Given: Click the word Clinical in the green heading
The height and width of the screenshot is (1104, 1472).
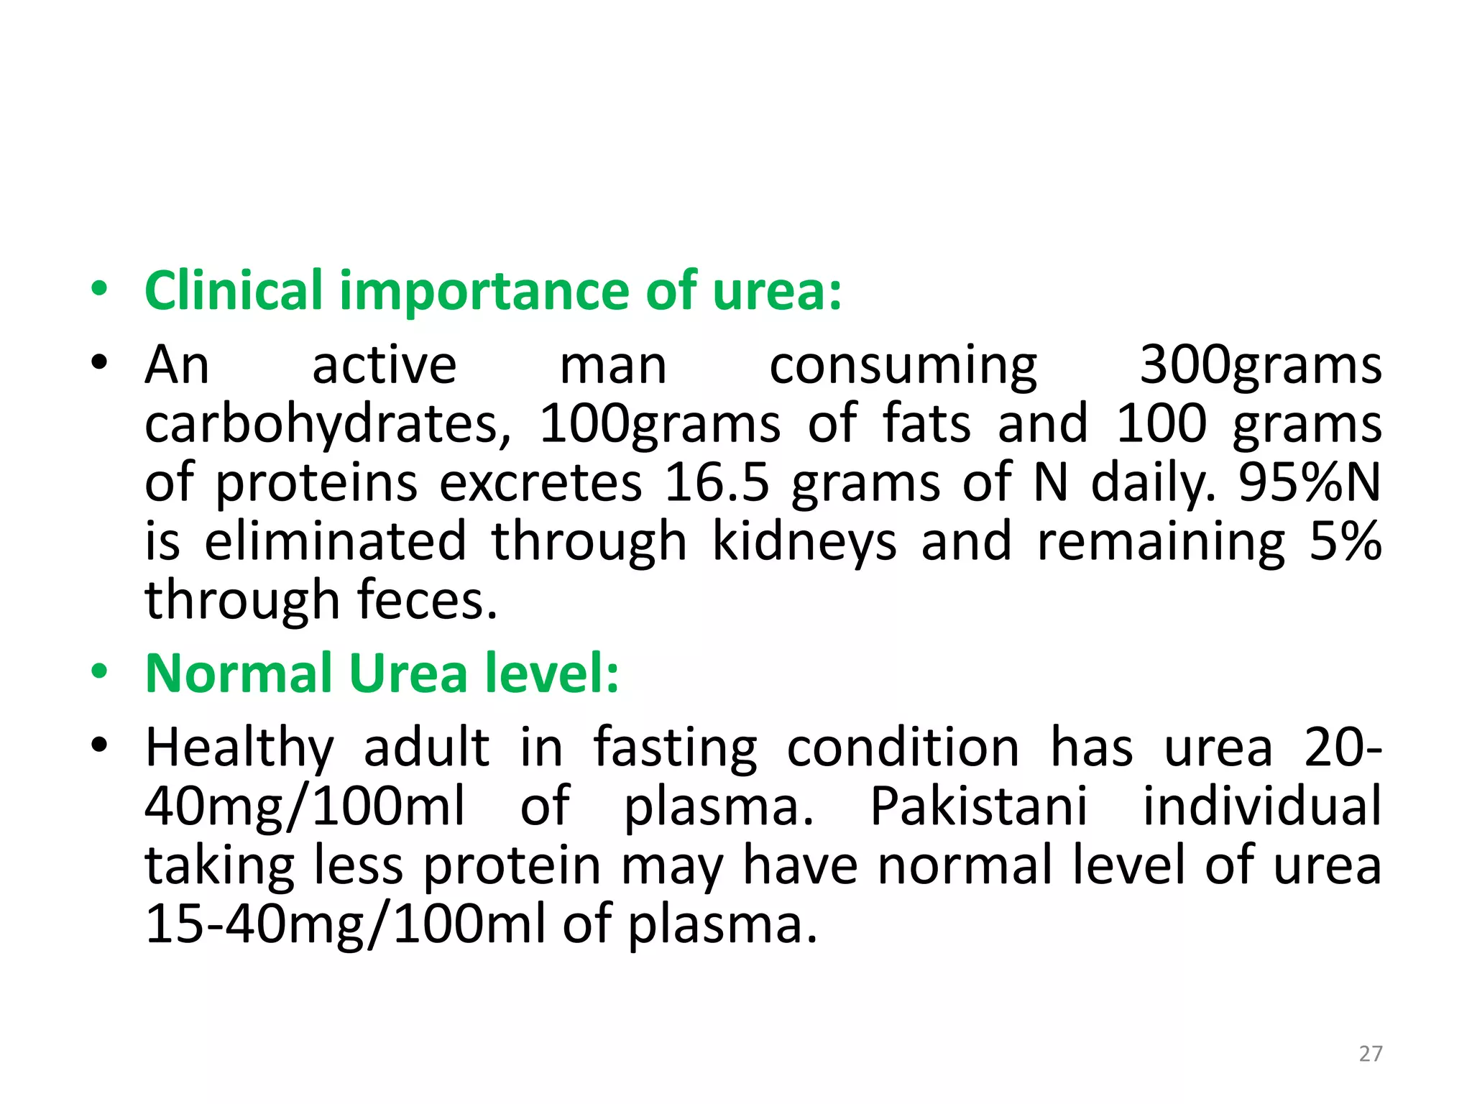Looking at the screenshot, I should pyautogui.click(x=233, y=291).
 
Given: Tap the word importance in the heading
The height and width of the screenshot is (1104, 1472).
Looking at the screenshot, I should pyautogui.click(x=485, y=291).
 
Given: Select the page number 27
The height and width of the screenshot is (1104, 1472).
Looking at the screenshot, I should pyautogui.click(x=1371, y=1054).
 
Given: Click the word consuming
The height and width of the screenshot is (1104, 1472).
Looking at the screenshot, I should pyautogui.click(x=903, y=366).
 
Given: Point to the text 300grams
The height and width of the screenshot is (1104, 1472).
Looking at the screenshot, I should pyautogui.click(x=1261, y=366).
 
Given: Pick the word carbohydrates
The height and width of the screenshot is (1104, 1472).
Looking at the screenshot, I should pyautogui.click(x=327, y=425).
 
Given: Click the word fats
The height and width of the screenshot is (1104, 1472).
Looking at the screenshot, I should pyautogui.click(x=926, y=423).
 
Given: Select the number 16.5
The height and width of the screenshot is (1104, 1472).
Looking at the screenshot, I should pyautogui.click(x=717, y=482).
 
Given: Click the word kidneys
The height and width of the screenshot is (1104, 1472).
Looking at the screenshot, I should pyautogui.click(x=804, y=542).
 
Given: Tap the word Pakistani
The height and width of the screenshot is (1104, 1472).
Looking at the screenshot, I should pyautogui.click(x=979, y=806).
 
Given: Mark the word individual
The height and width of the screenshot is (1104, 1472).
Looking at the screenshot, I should pyautogui.click(x=1262, y=806).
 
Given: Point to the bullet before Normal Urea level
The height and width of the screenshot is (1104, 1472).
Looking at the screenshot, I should pyautogui.click(x=99, y=673).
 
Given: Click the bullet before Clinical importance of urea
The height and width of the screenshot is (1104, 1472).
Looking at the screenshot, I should pyautogui.click(x=99, y=290).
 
